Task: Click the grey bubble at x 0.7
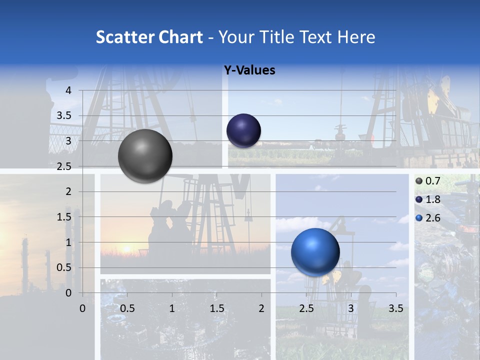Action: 145,156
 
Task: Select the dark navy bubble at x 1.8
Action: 243,130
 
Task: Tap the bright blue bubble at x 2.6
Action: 315,252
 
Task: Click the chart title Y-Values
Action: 249,70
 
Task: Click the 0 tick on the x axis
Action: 83,308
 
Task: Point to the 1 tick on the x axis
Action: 172,308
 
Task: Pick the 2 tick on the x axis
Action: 261,308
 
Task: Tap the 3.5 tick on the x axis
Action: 395,308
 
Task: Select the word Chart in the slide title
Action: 180,37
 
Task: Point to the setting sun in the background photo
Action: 126,248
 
